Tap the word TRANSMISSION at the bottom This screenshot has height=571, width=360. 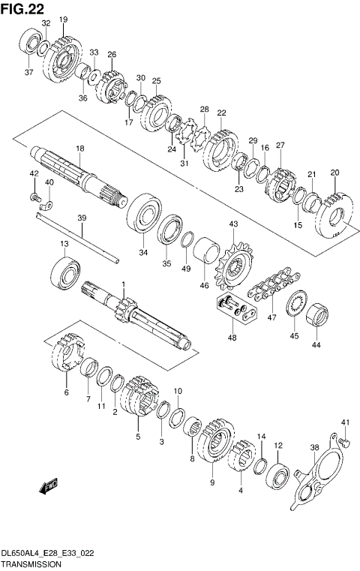(x=31, y=564)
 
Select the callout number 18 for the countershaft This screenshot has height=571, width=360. (x=79, y=149)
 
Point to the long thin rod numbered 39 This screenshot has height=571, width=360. (x=75, y=237)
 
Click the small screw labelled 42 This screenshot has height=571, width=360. (x=34, y=196)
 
